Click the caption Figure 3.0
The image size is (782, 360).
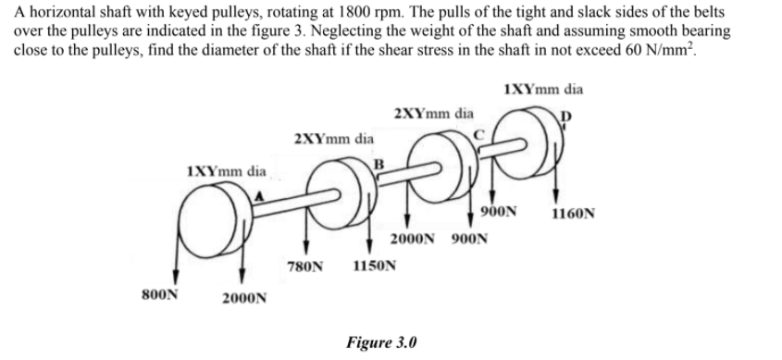pyautogui.click(x=381, y=341)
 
